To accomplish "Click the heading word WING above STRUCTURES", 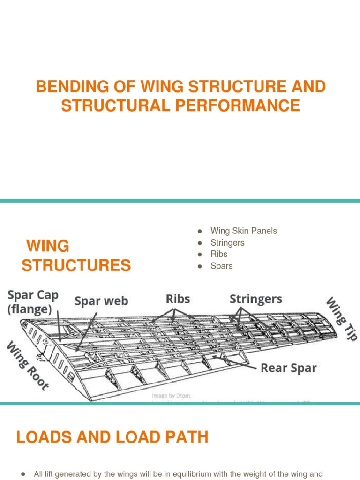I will pos(48,246).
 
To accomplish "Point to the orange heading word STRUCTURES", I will pos(76,266).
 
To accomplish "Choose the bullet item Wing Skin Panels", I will pos(243,231).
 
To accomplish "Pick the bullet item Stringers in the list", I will pos(227,242).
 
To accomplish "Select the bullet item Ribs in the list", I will pos(219,254).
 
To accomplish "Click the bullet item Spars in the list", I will pos(221,266).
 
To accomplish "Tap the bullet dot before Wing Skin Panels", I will pos(200,231).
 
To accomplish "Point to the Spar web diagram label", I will pos(101,301).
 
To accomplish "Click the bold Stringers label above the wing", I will pos(255,299).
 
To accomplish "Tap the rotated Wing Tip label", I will pos(342,318).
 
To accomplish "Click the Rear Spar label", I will pos(288,368).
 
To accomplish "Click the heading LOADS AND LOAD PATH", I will pos(112,437).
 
